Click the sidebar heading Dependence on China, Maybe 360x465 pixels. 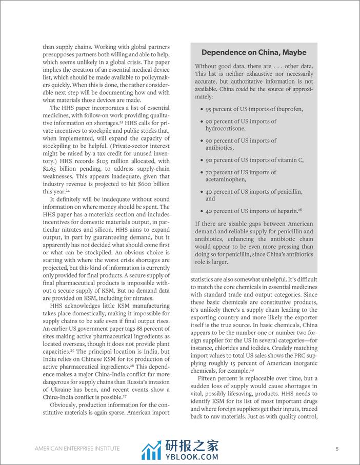[x=254, y=52]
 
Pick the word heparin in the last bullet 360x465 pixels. [x=286, y=211]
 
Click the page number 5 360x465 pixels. [x=337, y=449]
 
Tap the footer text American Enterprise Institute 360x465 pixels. [x=77, y=449]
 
